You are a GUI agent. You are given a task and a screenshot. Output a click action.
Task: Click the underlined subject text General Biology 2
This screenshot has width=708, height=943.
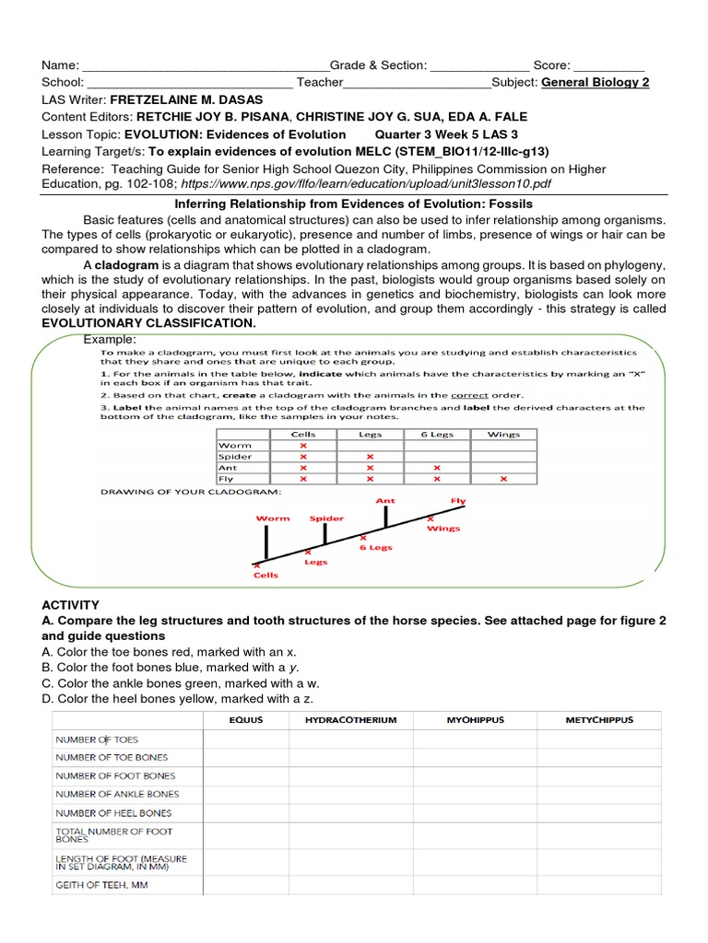[596, 82]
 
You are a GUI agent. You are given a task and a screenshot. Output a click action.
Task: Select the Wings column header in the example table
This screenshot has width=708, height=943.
[503, 434]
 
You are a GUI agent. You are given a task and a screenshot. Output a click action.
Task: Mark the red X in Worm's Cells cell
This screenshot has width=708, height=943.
[303, 445]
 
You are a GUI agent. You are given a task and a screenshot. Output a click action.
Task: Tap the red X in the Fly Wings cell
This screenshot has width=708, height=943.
[503, 478]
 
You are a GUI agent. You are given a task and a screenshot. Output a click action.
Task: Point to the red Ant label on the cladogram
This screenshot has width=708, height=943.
[385, 501]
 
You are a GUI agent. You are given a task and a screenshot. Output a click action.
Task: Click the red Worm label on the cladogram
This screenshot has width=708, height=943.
[273, 518]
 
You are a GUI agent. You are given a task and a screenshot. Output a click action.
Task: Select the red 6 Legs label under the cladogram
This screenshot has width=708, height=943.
[375, 547]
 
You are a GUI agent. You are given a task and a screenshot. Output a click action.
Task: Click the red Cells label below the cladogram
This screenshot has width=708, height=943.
[265, 576]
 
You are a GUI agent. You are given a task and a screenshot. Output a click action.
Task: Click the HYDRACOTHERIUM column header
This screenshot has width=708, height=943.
[351, 719]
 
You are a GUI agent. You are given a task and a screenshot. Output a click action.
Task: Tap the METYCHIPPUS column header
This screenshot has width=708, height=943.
[599, 719]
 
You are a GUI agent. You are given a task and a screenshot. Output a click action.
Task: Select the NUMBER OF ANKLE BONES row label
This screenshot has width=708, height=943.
[118, 794]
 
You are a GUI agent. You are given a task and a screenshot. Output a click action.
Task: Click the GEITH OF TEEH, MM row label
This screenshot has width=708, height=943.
[101, 886]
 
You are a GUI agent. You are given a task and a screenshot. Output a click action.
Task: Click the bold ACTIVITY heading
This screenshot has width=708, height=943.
[71, 605]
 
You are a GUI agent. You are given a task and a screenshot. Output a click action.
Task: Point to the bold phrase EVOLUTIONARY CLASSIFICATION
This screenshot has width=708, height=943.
[149, 324]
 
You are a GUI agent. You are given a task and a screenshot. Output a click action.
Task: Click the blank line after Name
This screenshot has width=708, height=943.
[206, 66]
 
